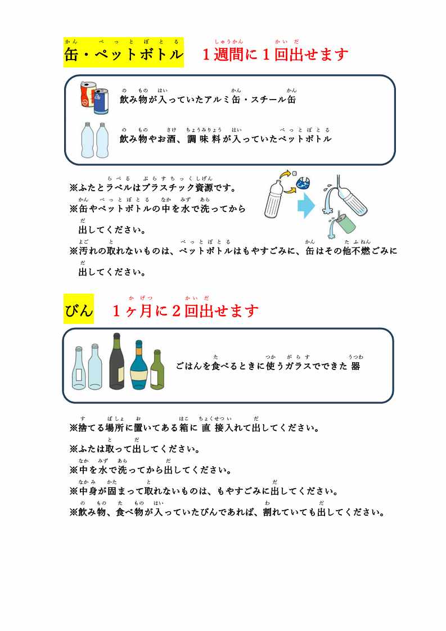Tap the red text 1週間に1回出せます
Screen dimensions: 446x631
(x=275, y=55)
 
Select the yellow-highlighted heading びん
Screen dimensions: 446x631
(x=79, y=309)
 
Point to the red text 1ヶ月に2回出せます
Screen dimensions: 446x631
(x=185, y=311)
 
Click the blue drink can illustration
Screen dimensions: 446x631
(x=101, y=101)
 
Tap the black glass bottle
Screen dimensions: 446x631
(x=117, y=361)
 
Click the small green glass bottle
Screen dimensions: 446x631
(x=157, y=369)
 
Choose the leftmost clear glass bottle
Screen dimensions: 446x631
(x=79, y=368)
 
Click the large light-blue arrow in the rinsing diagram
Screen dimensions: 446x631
(x=307, y=205)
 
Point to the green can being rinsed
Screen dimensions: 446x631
(x=345, y=224)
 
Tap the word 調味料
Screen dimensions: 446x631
(x=204, y=139)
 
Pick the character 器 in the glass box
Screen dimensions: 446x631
(x=355, y=366)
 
